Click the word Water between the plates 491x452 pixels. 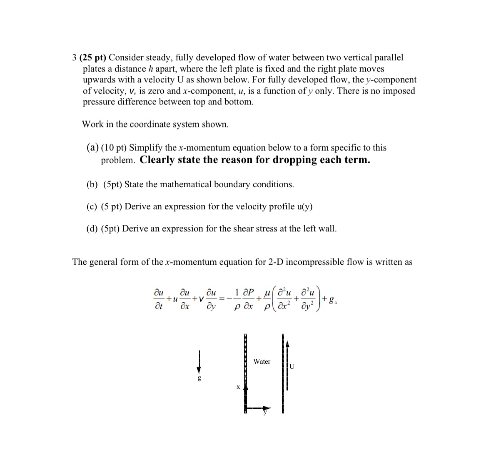(262, 361)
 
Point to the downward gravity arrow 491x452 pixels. (199, 362)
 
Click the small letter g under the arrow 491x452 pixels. (199, 378)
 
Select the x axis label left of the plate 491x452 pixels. (238, 387)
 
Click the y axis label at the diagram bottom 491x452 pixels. (265, 412)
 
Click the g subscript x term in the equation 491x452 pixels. (333, 299)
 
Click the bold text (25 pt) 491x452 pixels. (93, 57)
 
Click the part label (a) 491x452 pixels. (92, 147)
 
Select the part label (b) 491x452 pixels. (92, 184)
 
